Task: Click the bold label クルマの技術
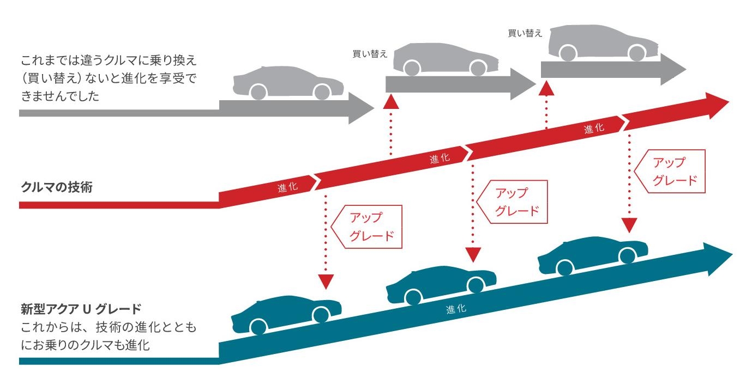click(56, 188)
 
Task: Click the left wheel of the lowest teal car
click(258, 326)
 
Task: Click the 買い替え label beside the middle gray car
click(370, 53)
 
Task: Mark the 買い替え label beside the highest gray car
click(525, 33)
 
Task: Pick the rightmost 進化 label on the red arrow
click(594, 129)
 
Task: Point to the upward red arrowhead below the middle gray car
click(391, 102)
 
